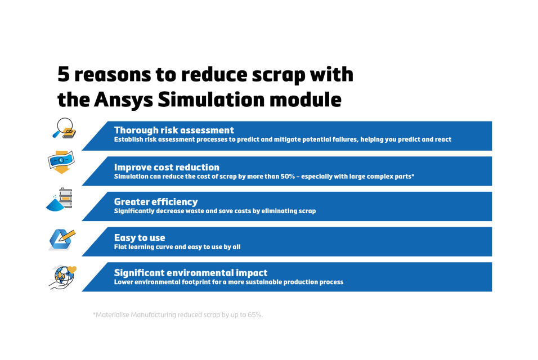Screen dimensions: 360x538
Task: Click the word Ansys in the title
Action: [123, 100]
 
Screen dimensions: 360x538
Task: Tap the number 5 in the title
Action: [64, 74]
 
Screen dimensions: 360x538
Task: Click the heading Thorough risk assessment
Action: [174, 130]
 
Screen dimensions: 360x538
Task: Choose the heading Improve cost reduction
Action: [167, 167]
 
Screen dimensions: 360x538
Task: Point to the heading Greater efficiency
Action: [156, 201]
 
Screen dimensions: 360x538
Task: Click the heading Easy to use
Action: [140, 237]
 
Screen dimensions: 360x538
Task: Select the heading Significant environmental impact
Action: [191, 273]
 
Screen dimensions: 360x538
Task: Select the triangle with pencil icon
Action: [61, 240]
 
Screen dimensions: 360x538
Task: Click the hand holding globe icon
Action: [61, 276]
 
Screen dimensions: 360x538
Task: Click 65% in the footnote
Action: [254, 314]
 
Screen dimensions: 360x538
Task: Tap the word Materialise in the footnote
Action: [112, 314]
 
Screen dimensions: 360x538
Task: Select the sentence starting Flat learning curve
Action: [177, 247]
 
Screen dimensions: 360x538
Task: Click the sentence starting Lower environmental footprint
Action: [228, 282]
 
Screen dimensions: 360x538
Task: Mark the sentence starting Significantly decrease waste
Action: [215, 211]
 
